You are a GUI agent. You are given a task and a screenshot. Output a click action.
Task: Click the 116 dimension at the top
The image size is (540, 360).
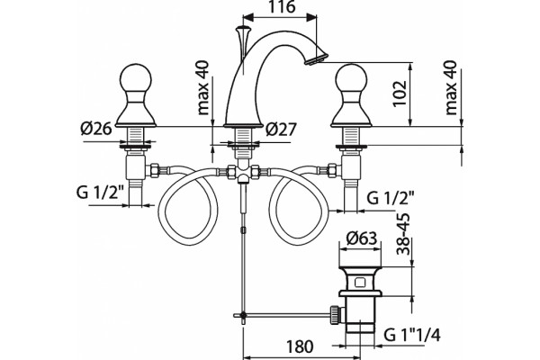pos(282,7)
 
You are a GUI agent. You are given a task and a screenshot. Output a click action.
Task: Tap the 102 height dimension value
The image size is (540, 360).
pos(400,94)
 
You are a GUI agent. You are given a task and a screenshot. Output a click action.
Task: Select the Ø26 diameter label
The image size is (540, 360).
pos(96,129)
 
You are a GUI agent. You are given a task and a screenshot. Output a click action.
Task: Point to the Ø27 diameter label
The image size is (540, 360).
pos(281,130)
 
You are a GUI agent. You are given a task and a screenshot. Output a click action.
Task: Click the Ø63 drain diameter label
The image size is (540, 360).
pos(362,238)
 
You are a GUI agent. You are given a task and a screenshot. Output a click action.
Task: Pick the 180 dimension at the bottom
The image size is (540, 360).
pos(300,346)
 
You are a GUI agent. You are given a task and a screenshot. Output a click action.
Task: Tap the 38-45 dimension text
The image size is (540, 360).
pos(403,234)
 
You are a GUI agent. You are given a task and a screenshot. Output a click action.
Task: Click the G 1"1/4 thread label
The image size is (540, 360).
pos(412,335)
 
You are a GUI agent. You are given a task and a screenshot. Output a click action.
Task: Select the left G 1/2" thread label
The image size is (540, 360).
pos(100,193)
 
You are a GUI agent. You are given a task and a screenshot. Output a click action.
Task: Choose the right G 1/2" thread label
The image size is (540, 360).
pos(391,198)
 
